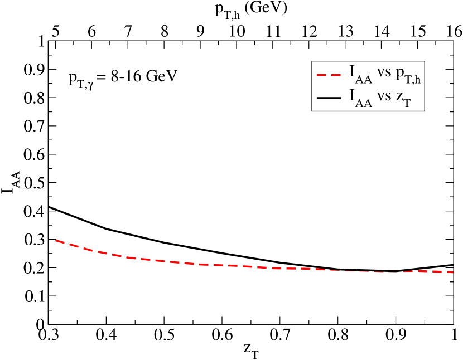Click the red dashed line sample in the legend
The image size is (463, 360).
[x=329, y=74]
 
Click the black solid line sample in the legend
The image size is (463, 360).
[x=329, y=98]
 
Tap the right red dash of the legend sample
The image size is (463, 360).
[x=336, y=74]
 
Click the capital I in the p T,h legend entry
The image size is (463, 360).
[x=353, y=72]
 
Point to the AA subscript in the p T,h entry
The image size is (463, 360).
[x=364, y=80]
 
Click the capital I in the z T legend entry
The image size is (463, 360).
[x=353, y=95]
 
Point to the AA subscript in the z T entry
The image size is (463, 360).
[x=364, y=104]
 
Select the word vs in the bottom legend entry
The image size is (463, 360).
[x=384, y=96]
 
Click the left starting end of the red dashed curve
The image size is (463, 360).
[x=56, y=240]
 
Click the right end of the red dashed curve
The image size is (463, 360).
[x=452, y=272]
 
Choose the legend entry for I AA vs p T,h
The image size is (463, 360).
[x=369, y=74]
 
